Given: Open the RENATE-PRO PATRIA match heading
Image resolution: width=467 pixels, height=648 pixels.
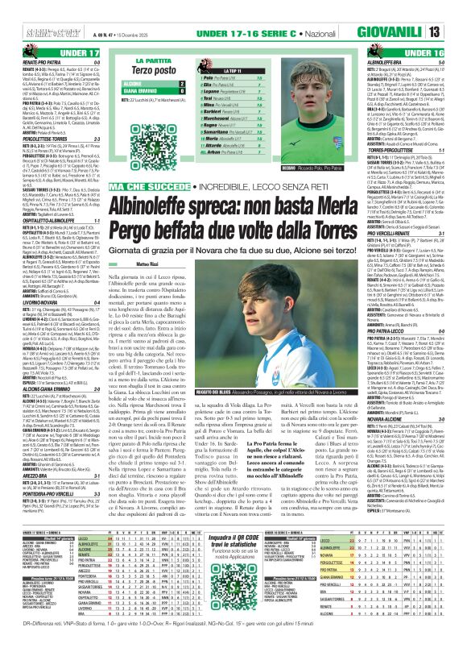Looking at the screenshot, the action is pos(35,62).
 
